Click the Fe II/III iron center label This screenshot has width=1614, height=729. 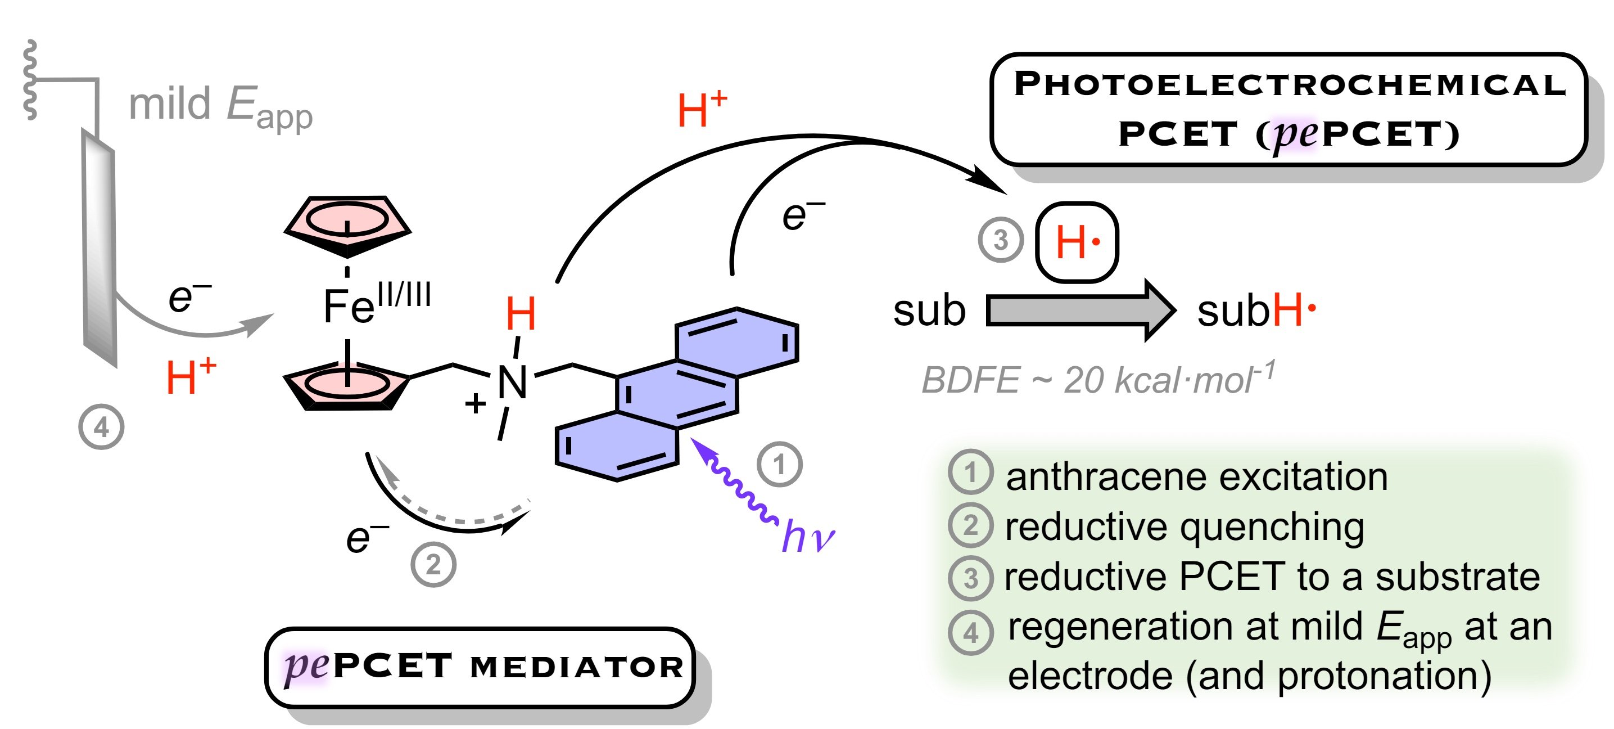pyautogui.click(x=376, y=304)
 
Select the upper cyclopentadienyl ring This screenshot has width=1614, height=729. pyautogui.click(x=348, y=223)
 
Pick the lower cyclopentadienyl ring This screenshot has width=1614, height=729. pyautogui.click(x=348, y=385)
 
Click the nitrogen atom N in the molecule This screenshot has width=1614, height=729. pyautogui.click(x=512, y=382)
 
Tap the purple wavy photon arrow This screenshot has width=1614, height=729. pyautogui.click(x=733, y=479)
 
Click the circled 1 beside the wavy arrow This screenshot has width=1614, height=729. pyautogui.click(x=779, y=465)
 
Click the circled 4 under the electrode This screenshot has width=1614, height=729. pyautogui.click(x=101, y=427)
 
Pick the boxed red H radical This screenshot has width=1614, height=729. pyautogui.click(x=1077, y=242)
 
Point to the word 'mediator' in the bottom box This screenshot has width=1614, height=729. pyautogui.click(x=576, y=667)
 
